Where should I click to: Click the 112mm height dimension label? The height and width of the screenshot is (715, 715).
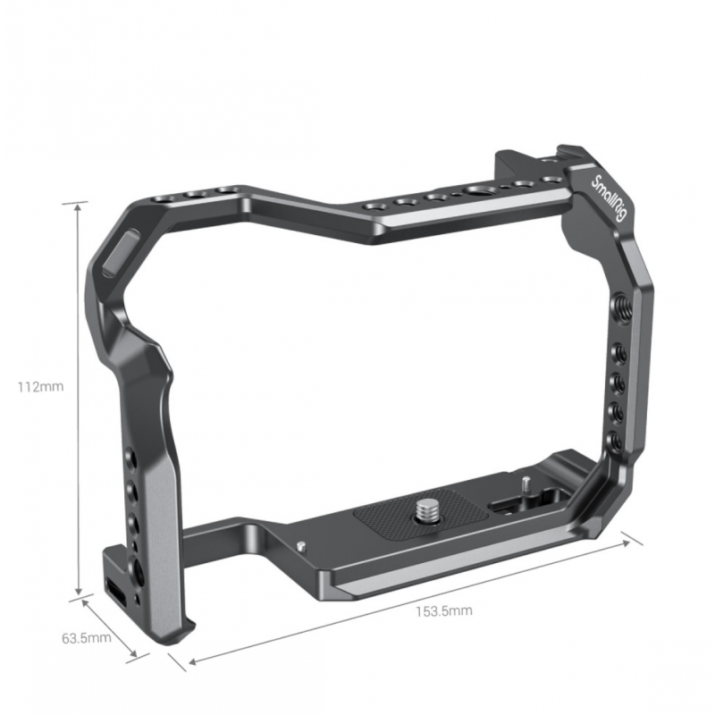click(40, 387)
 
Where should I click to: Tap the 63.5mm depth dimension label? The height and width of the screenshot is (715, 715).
click(87, 637)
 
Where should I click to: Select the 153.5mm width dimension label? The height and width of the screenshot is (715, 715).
click(443, 610)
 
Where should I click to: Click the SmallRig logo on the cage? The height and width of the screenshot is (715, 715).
click(609, 199)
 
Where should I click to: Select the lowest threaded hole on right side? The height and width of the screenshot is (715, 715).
click(616, 440)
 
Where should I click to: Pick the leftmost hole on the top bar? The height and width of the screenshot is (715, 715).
click(162, 200)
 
